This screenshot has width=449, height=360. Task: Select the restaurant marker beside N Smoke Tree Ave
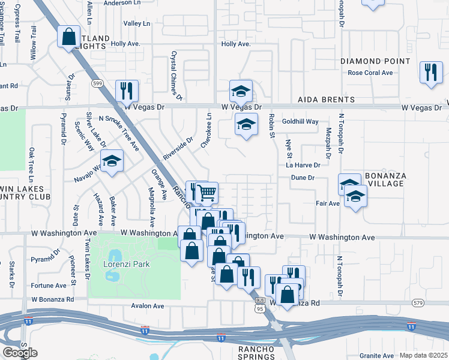click(x=127, y=91)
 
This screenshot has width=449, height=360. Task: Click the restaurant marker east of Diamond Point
click(x=430, y=72)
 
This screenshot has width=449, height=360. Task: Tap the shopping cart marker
click(x=206, y=193)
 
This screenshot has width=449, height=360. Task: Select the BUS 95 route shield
click(x=260, y=305)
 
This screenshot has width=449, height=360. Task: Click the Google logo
click(x=20, y=353)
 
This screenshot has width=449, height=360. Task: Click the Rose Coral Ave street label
click(x=370, y=73)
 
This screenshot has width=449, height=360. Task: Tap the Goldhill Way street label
click(x=300, y=121)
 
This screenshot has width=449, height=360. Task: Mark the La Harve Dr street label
click(x=304, y=165)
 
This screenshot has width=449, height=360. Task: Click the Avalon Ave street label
click(x=148, y=306)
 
